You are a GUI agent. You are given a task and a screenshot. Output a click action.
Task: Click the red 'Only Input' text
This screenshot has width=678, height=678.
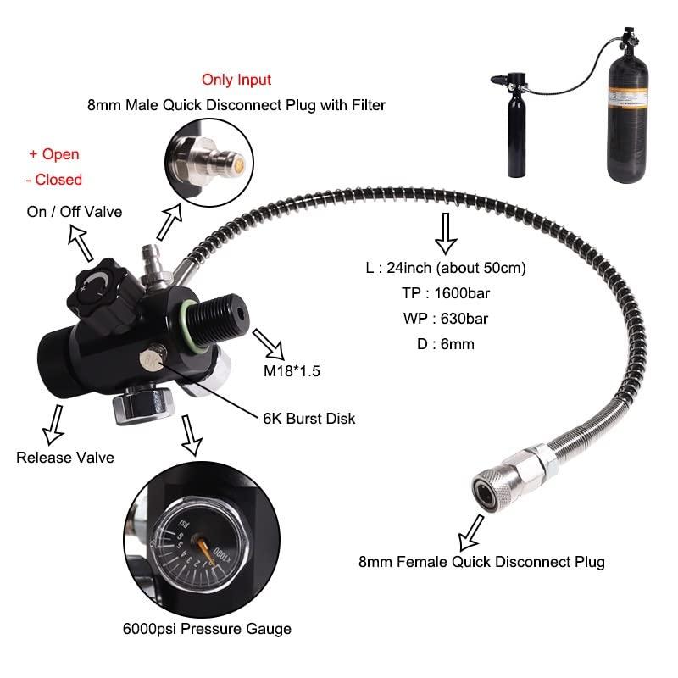236,80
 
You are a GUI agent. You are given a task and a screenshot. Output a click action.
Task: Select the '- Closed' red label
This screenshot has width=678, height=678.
53,179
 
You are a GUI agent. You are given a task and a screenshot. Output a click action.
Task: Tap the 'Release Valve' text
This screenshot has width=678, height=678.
65,458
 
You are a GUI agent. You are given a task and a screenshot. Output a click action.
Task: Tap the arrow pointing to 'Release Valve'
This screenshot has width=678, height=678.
54,421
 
